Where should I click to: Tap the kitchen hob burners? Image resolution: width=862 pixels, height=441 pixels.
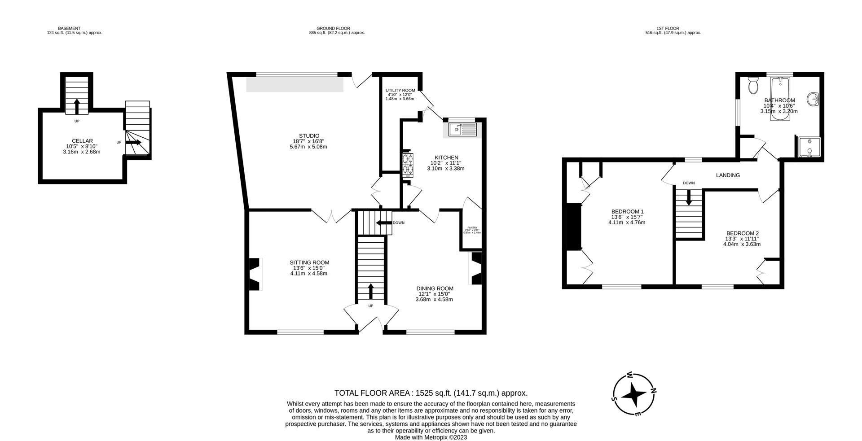(408, 164)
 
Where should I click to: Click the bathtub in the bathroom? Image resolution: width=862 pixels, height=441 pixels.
(780, 100)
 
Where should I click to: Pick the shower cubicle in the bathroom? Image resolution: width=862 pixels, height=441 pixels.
(809, 148)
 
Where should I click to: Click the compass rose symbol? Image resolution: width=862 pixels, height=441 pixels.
(633, 394)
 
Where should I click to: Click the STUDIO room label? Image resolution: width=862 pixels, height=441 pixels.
(309, 136)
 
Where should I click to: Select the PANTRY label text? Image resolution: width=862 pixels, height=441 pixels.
(472, 228)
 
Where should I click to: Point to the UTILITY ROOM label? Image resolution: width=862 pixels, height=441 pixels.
(400, 91)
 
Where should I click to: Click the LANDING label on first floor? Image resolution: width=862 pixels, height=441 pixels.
(728, 175)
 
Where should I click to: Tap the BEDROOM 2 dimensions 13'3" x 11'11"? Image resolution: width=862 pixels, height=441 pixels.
(742, 239)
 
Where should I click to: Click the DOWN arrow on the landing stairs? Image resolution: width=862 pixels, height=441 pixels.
(689, 197)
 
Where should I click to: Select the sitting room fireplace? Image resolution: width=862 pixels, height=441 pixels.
(254, 274)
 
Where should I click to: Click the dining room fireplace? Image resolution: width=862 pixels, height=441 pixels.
(476, 268)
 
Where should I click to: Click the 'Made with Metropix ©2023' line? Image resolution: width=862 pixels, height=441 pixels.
(431, 437)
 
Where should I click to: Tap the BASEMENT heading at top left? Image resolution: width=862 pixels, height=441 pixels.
(69, 28)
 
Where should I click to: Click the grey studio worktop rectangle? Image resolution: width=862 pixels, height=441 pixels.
(295, 84)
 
